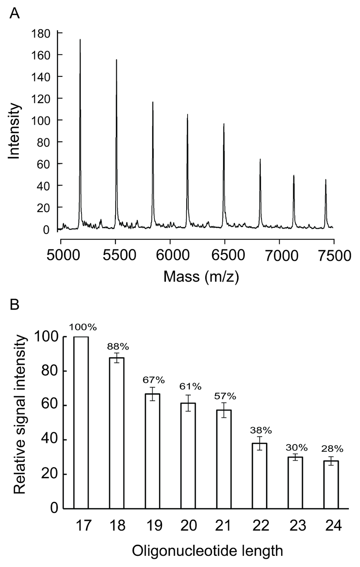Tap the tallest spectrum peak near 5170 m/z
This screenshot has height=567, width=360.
click(80, 40)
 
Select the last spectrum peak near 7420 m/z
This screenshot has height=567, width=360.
click(326, 180)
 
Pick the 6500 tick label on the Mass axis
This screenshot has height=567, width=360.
click(224, 256)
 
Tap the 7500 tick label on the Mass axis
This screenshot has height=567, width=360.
click(333, 256)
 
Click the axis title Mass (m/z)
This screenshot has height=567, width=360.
click(201, 277)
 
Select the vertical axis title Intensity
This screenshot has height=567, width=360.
click(14, 131)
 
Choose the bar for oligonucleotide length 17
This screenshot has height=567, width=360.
click(81, 422)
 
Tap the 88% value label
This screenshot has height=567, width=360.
click(118, 347)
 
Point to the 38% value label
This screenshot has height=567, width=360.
click(261, 430)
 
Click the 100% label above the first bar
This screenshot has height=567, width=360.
click(83, 327)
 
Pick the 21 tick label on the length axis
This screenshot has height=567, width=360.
click(224, 526)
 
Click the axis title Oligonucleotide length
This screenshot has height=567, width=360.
click(207, 551)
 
